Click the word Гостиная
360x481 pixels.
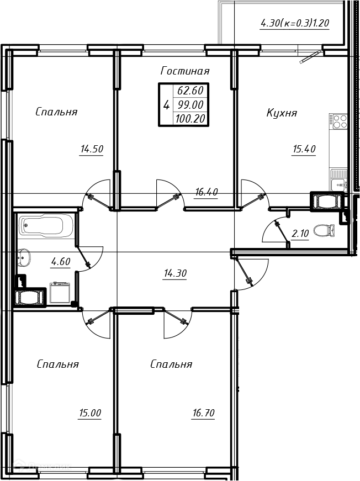pos(185,71)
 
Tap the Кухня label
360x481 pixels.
pos(282,113)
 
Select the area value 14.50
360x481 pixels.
pos(92,149)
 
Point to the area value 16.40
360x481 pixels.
pos(207,192)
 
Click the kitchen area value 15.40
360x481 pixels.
pos(304,149)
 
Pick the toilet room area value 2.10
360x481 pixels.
pos(300,234)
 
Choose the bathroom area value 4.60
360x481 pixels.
pos(61,262)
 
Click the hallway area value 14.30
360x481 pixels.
pos(175,273)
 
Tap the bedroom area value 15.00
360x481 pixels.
pos(90,413)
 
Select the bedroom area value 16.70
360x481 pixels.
pos(203,413)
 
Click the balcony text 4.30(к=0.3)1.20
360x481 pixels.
pos(295,23)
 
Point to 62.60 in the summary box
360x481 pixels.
pos(190,91)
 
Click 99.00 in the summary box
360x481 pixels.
pos(190,105)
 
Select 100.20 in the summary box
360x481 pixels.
pos(190,119)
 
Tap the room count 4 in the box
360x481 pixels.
pos(166,105)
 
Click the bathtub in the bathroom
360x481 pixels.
pos(46,225)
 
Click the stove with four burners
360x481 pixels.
pos(338,121)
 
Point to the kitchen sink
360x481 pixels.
pos(339,180)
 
